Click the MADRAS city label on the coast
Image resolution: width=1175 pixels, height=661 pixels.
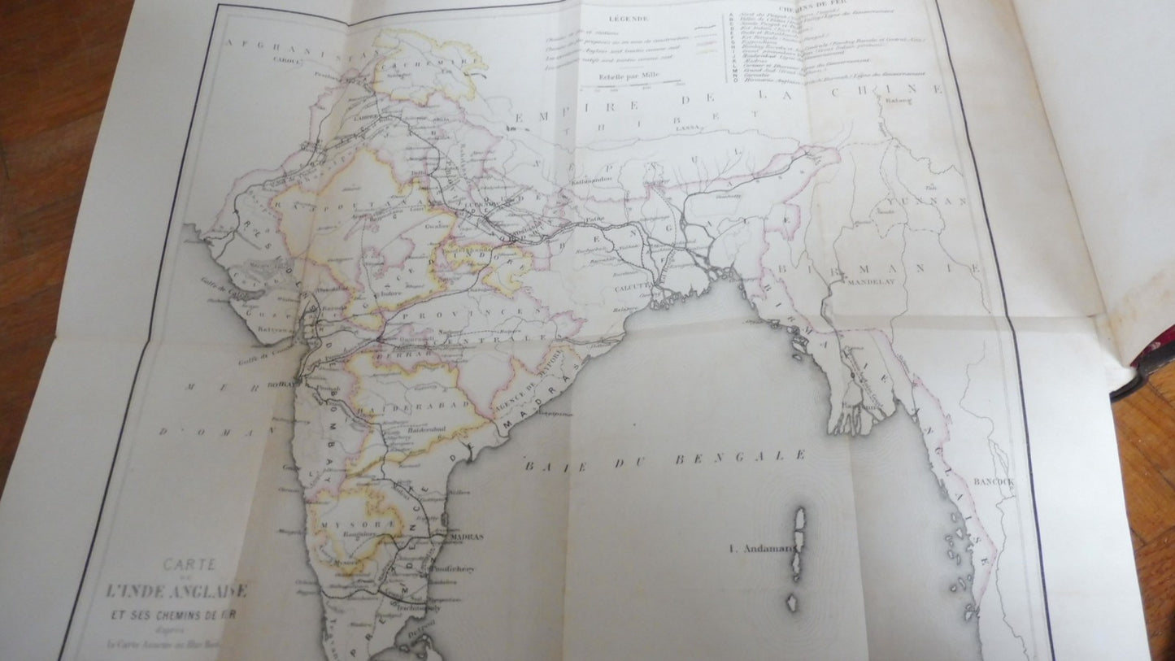466,537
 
